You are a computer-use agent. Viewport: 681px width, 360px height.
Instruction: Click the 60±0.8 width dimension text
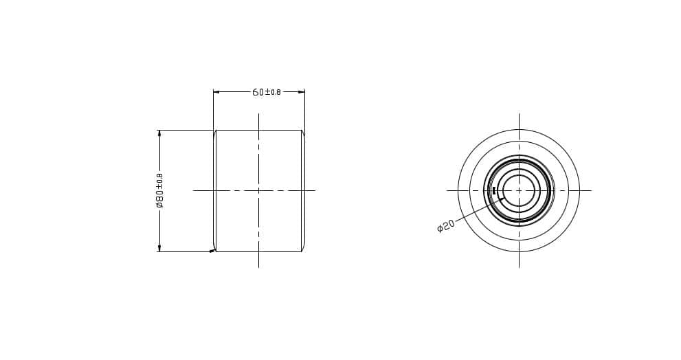coord(267,92)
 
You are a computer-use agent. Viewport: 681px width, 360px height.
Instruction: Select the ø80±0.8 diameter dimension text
coord(159,190)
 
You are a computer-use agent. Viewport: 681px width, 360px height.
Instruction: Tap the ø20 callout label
coord(445,225)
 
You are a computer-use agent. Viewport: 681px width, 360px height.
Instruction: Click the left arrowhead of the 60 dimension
coord(216,91)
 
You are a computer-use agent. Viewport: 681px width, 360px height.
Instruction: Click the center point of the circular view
coord(519,190)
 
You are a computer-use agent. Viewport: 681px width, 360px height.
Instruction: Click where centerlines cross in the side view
coord(258,190)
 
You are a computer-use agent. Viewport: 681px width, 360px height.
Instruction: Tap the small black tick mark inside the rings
coord(494,190)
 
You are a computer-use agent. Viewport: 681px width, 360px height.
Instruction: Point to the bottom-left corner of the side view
coord(214,251)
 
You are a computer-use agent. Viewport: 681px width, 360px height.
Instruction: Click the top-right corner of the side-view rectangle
coord(302,131)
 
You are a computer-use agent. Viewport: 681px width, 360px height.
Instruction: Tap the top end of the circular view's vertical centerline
coord(519,114)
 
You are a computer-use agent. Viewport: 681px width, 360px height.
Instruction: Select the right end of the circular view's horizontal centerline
coord(591,190)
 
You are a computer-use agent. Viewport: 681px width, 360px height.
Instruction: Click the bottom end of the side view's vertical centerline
coord(258,267)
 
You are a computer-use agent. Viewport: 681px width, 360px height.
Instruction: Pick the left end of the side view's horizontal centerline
coord(194,190)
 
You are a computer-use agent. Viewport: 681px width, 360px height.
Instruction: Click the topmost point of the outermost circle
coord(519,130)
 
